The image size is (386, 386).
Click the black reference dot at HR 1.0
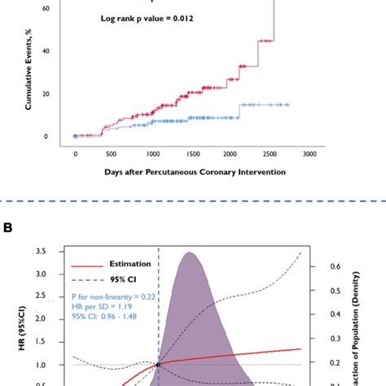(158, 364)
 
